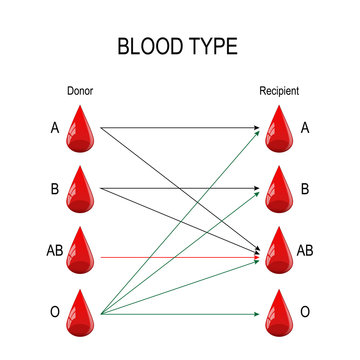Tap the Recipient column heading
tap(279, 92)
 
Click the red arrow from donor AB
tap(180, 257)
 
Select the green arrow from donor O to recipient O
tap(180, 315)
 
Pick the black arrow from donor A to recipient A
tap(180, 127)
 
